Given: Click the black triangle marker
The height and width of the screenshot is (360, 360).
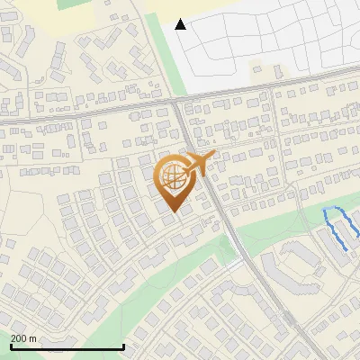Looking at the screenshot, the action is (x=181, y=24).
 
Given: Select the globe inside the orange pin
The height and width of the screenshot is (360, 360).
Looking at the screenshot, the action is (x=173, y=179).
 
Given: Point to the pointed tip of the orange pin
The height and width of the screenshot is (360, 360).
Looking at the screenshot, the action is (x=173, y=212).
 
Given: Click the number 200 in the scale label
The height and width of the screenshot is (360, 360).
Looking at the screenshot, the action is (x=20, y=338).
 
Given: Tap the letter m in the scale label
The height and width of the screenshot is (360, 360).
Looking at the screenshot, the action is (x=34, y=338).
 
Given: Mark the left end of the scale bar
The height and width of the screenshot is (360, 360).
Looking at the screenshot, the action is (x=10, y=347).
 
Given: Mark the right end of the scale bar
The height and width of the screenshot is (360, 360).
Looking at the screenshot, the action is (x=123, y=347).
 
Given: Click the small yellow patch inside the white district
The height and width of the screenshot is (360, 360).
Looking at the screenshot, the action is (x=261, y=69).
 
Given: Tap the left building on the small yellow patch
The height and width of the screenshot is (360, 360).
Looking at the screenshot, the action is (x=256, y=68).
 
